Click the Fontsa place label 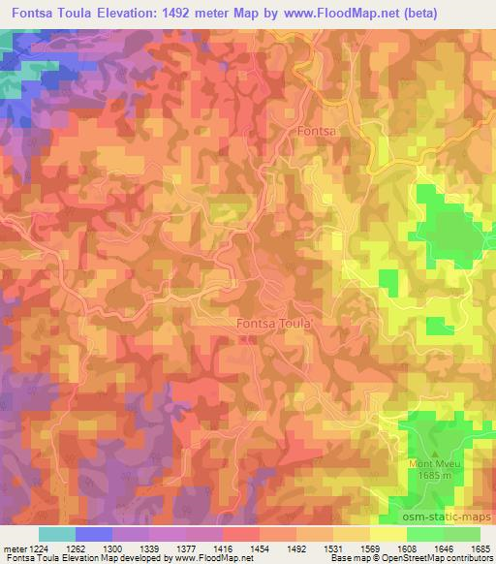[x=316, y=130]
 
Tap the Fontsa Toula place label [x=273, y=325]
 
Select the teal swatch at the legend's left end [x=57, y=534]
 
